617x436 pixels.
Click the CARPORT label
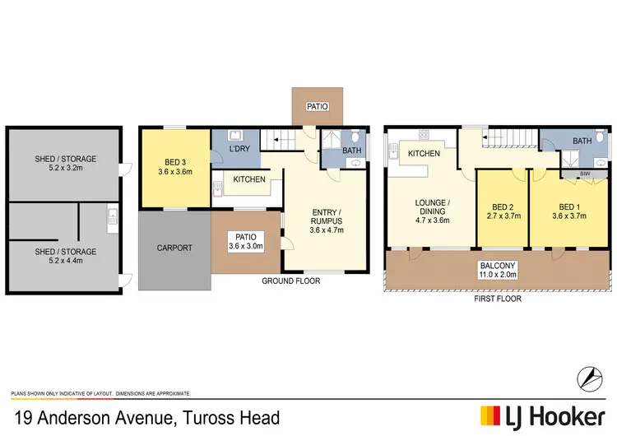pos(174,248)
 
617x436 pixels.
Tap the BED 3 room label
pos(174,161)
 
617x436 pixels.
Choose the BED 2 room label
pos(502,206)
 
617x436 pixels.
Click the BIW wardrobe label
pos(573,174)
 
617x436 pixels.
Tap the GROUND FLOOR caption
pos(290,281)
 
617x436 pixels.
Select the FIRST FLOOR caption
pos(497,299)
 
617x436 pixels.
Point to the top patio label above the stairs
pos(316,105)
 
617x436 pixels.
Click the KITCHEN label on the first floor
pos(424,154)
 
